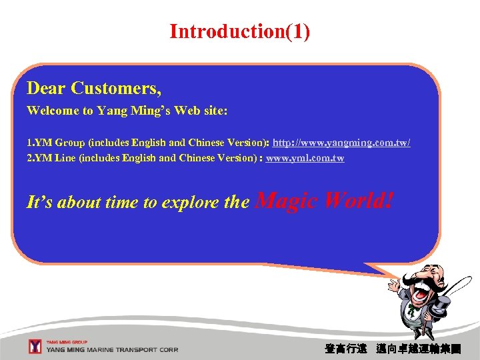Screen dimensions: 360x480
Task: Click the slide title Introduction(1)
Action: pos(239,31)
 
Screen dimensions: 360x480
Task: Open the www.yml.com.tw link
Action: pos(305,158)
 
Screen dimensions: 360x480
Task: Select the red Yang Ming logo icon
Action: pos(35,347)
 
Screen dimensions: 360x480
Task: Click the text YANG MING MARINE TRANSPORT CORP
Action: pos(112,349)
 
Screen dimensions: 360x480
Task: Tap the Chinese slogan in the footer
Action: pos(392,348)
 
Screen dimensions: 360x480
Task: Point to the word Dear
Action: pos(46,88)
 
